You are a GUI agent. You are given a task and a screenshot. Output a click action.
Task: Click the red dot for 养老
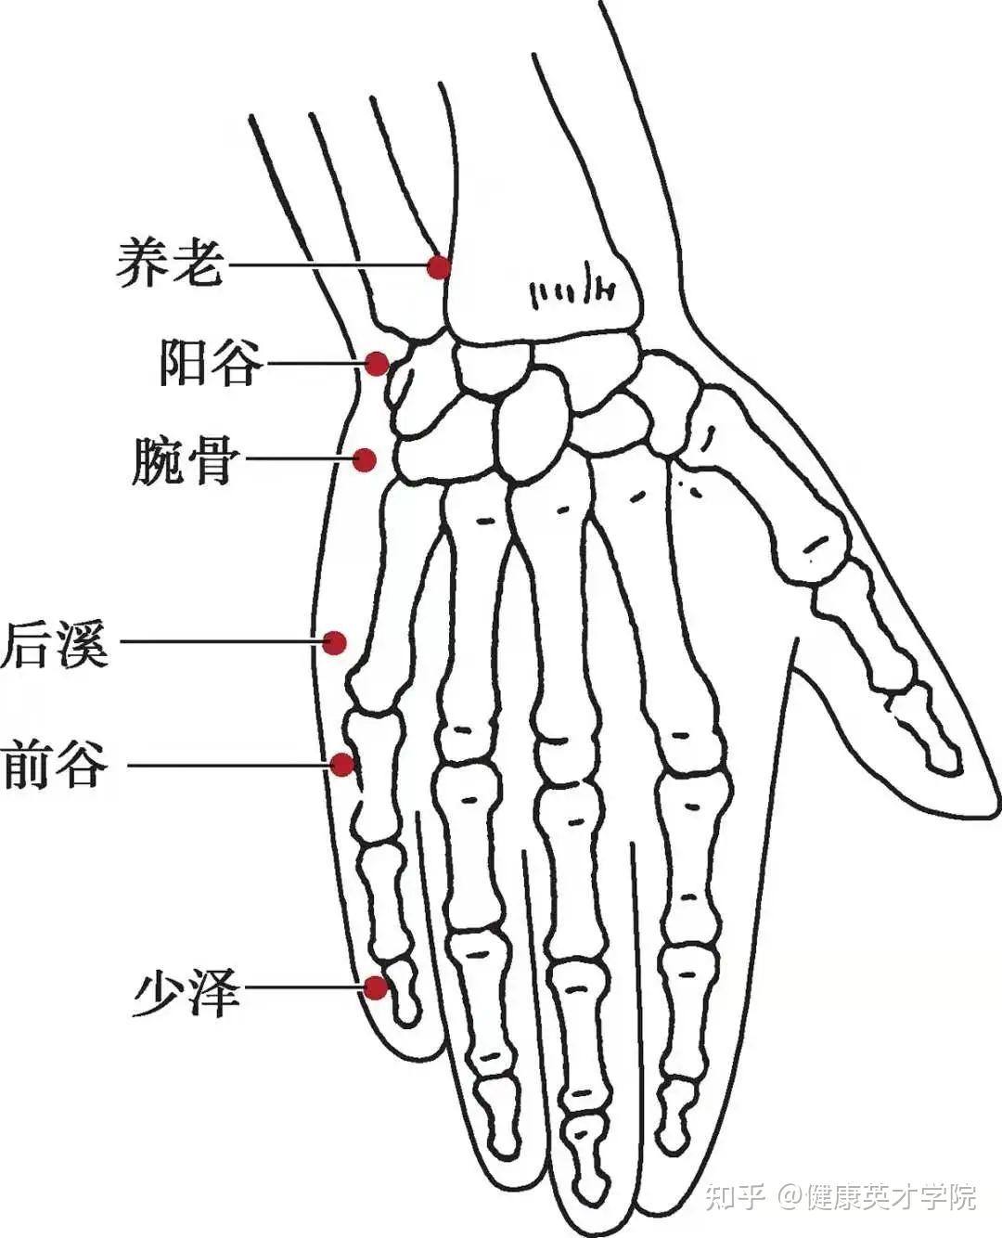coord(439,267)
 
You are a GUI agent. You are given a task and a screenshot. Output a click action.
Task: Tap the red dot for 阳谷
coord(377,363)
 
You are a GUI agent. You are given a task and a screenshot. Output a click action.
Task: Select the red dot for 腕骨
coord(366,459)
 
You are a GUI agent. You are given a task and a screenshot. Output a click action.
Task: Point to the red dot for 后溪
coord(335,642)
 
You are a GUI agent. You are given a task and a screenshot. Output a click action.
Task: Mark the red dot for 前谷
coord(342,765)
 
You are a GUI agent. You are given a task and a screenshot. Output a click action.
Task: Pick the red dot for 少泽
coord(376,987)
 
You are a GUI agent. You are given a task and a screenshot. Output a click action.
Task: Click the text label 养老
coord(171,264)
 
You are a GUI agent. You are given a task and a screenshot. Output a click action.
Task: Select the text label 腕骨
coord(186,460)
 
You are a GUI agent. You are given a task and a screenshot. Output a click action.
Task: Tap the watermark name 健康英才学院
coord(891,1197)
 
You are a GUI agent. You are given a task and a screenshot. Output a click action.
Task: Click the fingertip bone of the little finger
coord(403,999)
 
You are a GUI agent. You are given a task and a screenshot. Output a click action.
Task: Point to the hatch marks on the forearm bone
coord(572,292)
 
